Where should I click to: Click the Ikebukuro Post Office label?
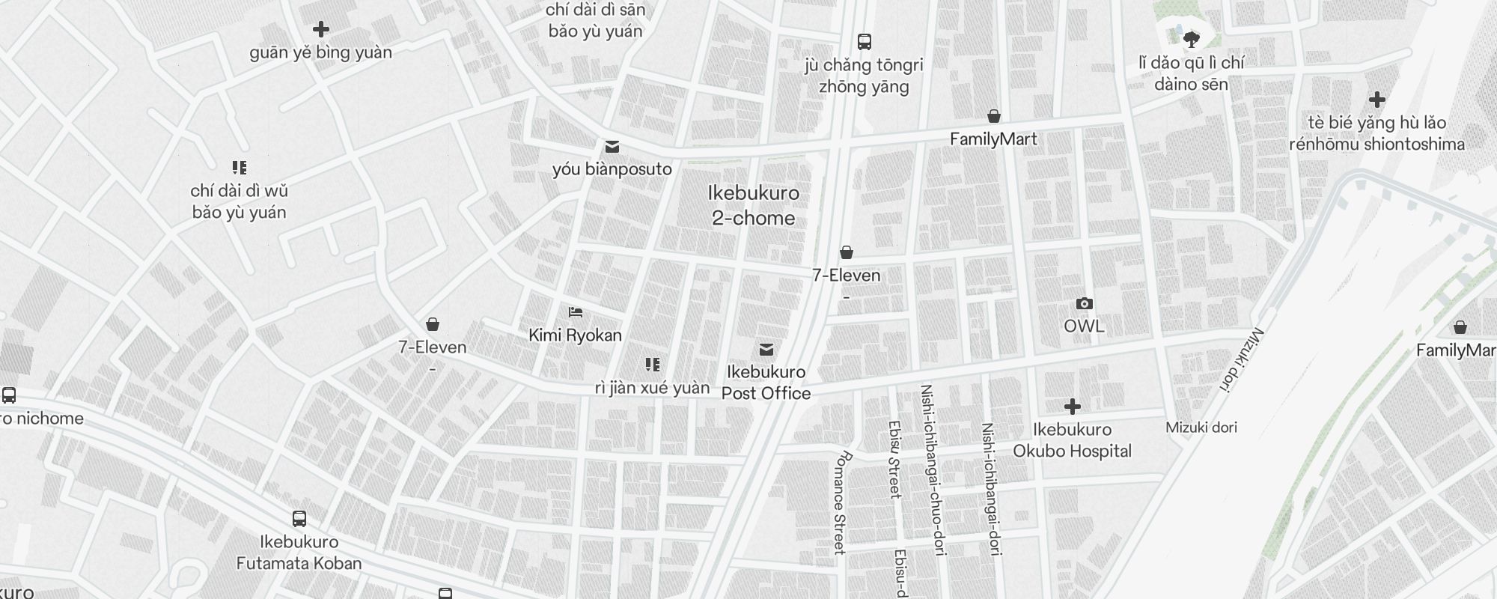tap(766, 383)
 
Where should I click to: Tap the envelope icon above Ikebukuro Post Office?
tap(766, 350)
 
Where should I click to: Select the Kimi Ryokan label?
tap(575, 335)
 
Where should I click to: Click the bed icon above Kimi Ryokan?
tap(575, 312)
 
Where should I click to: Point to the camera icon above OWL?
tap(1084, 303)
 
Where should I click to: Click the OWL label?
tap(1084, 326)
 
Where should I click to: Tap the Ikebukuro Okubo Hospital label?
tap(1072, 440)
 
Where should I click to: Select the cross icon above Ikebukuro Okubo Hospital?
tap(1072, 407)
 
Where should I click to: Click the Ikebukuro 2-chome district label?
tap(753, 206)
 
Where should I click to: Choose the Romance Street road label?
tap(841, 502)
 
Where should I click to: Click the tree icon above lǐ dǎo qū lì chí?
tap(1191, 38)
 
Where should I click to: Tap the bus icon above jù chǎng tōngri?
tap(864, 41)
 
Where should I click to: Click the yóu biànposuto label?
tap(612, 169)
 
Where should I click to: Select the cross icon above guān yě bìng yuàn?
tap(320, 29)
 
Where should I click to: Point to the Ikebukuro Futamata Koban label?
tap(299, 553)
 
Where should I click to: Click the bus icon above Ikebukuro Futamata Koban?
tap(299, 518)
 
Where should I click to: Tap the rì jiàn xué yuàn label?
tap(652, 388)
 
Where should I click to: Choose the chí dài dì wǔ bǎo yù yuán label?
tap(239, 201)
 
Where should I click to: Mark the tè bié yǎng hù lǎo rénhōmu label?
tap(1376, 133)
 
